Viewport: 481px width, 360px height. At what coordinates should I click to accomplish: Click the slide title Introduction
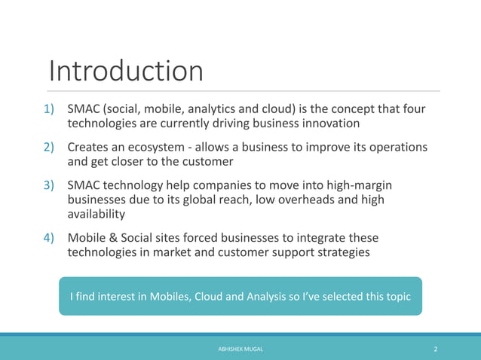coord(126,72)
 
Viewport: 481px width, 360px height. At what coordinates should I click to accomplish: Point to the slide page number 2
coord(436,349)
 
